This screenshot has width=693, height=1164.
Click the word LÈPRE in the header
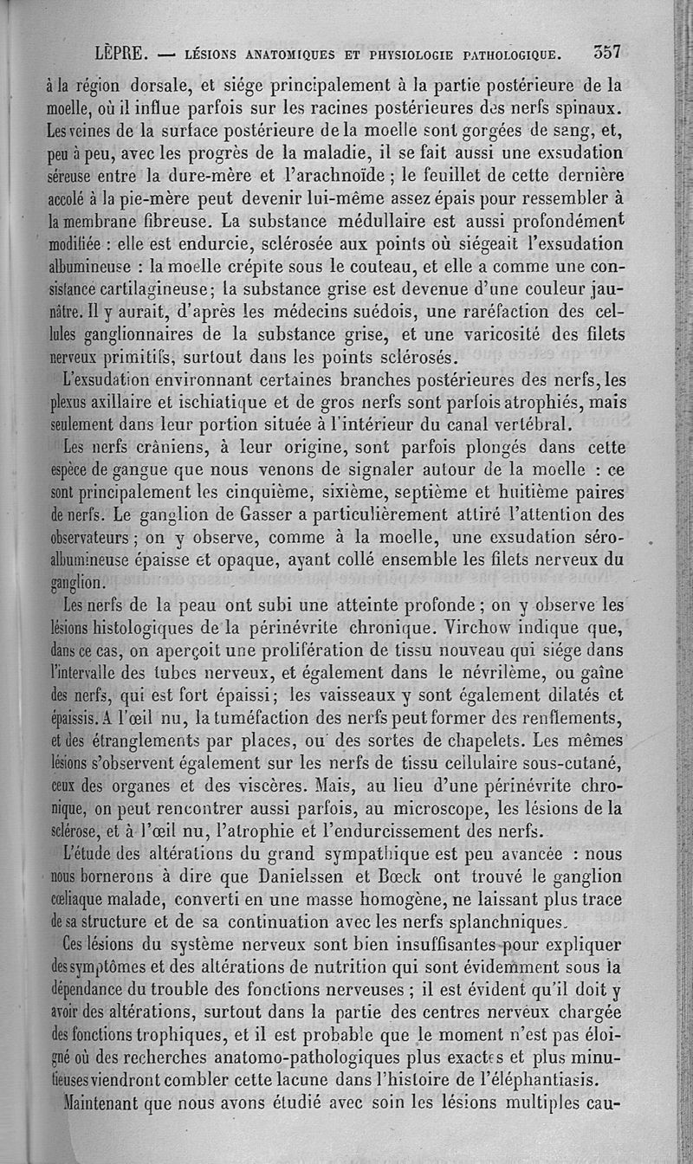point(123,54)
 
